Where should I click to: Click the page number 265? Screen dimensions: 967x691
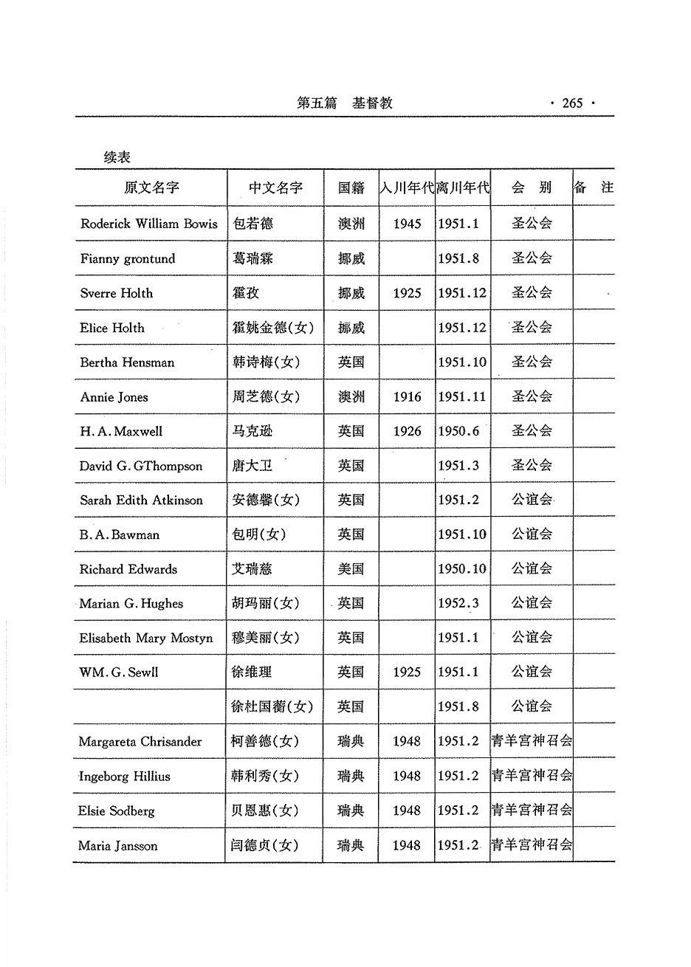pos(571,103)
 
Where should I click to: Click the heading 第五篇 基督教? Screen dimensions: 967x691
pos(344,103)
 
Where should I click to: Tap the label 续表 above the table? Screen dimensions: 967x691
pos(117,157)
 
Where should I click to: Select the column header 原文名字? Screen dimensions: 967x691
pos(151,187)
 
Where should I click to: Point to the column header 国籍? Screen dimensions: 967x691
pos(351,187)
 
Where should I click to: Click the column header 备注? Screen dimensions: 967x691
pos(594,187)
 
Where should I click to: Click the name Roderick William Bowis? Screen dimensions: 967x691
pos(149,224)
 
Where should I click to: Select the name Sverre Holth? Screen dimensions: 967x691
pos(117,293)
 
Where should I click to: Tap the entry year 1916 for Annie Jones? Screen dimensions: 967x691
pos(407,397)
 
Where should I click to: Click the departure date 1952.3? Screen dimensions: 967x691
pos(458,604)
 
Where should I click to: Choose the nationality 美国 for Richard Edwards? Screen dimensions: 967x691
pos(351,569)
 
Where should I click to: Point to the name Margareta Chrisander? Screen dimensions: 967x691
pos(140,742)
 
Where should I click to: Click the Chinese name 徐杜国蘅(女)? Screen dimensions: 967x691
pos(272,707)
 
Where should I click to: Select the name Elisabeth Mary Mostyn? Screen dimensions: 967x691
pos(146,638)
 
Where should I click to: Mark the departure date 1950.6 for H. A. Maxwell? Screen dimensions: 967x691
pos(458,431)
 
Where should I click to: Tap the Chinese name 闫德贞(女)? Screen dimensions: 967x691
pos(264,846)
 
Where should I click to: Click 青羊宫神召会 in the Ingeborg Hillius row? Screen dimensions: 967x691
pos(532,776)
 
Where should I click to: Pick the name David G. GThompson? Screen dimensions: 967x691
pos(141,466)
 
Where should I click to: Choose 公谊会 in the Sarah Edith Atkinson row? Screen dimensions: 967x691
pos(532,500)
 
